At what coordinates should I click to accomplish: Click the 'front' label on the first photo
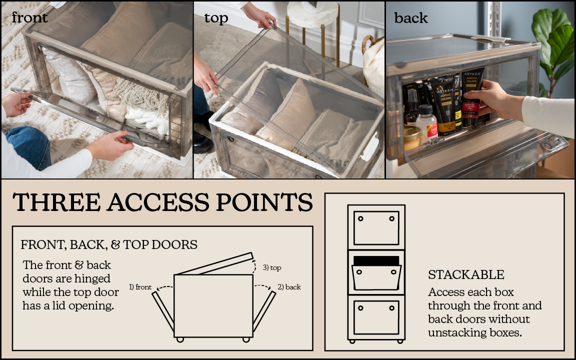[x=30, y=17]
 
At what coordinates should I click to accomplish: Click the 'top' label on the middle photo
[x=216, y=18]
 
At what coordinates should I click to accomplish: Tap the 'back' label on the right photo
[x=411, y=18]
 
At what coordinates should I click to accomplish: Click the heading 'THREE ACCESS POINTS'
[x=163, y=202]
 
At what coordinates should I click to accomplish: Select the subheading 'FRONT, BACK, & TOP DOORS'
[x=109, y=244]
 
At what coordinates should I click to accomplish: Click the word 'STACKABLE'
[x=466, y=274]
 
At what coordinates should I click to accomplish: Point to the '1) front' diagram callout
[x=140, y=287]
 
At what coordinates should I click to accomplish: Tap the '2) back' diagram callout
[x=289, y=287]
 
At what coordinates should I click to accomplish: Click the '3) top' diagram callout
[x=272, y=267]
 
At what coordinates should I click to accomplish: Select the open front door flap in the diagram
[x=162, y=312]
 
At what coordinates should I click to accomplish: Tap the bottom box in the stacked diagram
[x=376, y=317]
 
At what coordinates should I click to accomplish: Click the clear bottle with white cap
[x=427, y=123]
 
